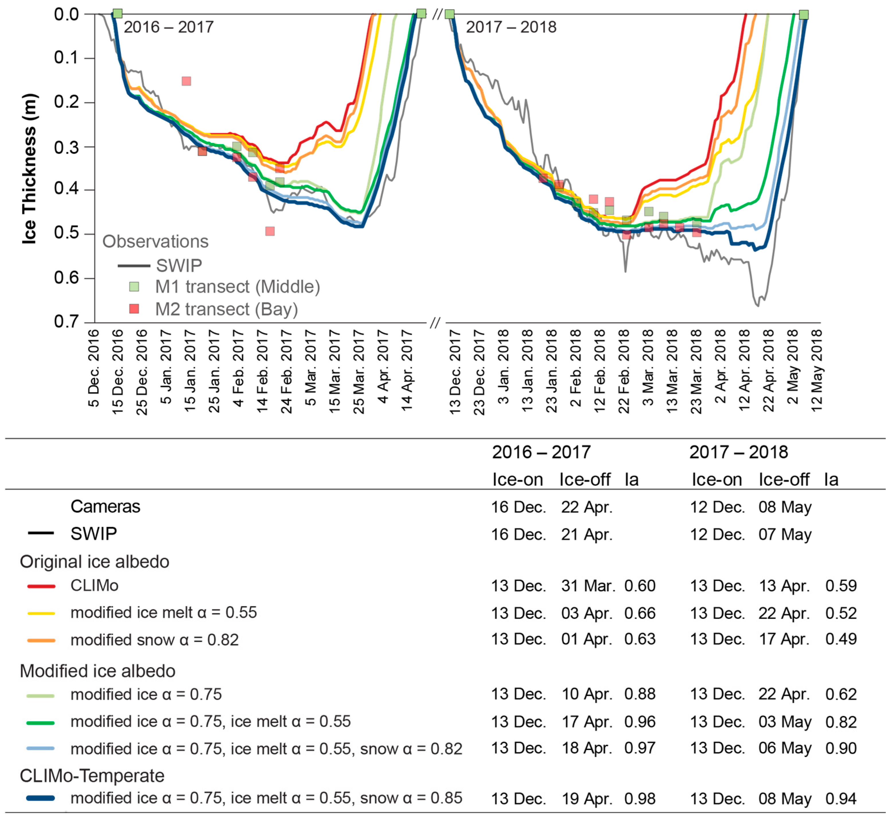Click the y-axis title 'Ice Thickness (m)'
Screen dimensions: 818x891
pyautogui.click(x=29, y=169)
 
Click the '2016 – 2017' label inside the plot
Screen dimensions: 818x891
pyautogui.click(x=168, y=28)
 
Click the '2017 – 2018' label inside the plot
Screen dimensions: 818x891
pyautogui.click(x=511, y=28)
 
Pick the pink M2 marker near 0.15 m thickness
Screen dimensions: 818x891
pyautogui.click(x=186, y=81)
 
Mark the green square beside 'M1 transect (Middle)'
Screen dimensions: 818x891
pyautogui.click(x=134, y=287)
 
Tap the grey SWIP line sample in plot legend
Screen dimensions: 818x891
pyautogui.click(x=134, y=266)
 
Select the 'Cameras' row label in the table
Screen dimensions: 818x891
pyautogui.click(x=105, y=506)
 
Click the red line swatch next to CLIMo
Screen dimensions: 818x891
pyautogui.click(x=41, y=586)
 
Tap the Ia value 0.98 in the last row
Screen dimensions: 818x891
pyautogui.click(x=640, y=798)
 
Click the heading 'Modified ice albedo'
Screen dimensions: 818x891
pyautogui.click(x=97, y=671)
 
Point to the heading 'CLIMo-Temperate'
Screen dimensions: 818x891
pyautogui.click(x=92, y=776)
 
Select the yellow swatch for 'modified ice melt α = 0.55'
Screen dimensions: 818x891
pyautogui.click(x=41, y=613)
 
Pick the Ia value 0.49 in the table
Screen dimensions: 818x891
pyautogui.click(x=841, y=639)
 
